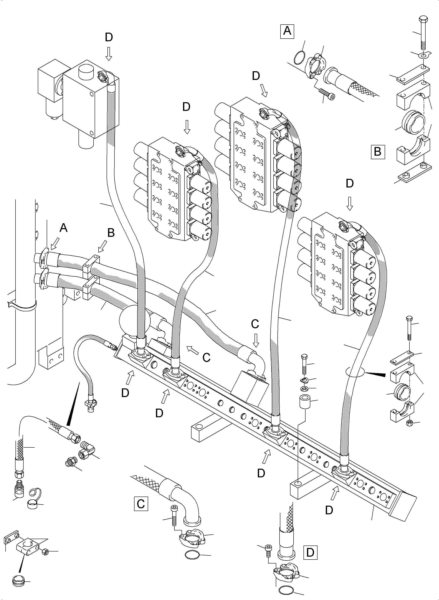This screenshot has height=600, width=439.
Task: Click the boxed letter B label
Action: [378, 152]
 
